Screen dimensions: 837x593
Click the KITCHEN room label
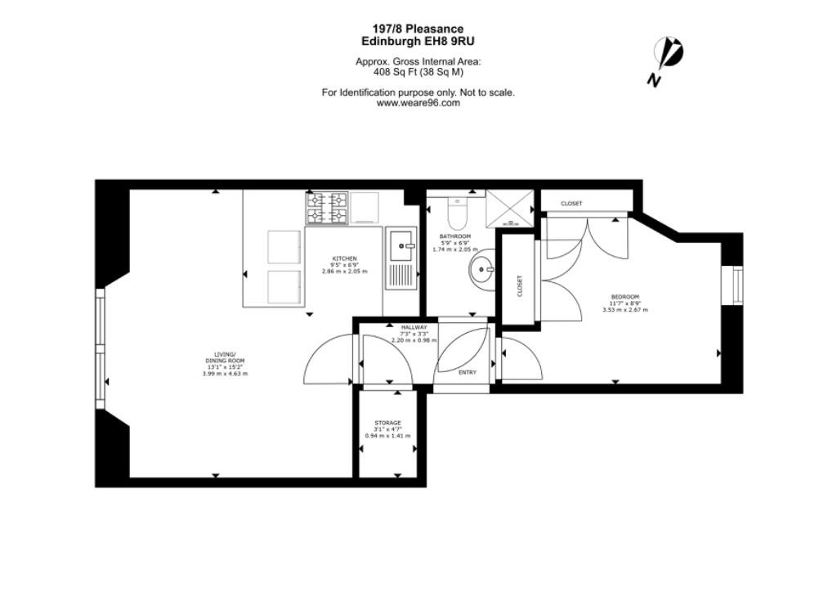[x=344, y=258]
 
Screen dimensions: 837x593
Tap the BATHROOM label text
[x=454, y=236]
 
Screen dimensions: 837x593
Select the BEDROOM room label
[x=625, y=297]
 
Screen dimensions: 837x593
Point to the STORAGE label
[x=387, y=423]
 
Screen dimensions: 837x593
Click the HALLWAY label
[x=414, y=327]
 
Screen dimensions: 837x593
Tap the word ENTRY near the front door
[x=468, y=372]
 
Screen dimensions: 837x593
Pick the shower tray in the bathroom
[x=508, y=209]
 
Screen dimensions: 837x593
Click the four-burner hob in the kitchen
[x=327, y=209]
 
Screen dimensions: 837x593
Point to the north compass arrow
[x=669, y=54]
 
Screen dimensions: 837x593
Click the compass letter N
[x=653, y=80]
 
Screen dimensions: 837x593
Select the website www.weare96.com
[x=418, y=103]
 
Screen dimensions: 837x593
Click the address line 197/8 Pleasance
[x=418, y=29]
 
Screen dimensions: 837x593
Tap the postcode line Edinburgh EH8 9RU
[x=418, y=41]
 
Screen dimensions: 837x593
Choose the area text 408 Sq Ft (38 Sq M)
[x=418, y=72]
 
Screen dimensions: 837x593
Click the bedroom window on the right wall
[x=738, y=285]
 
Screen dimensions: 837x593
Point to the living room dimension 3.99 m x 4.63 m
[x=226, y=374]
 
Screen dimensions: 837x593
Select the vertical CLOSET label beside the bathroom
[x=520, y=285]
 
